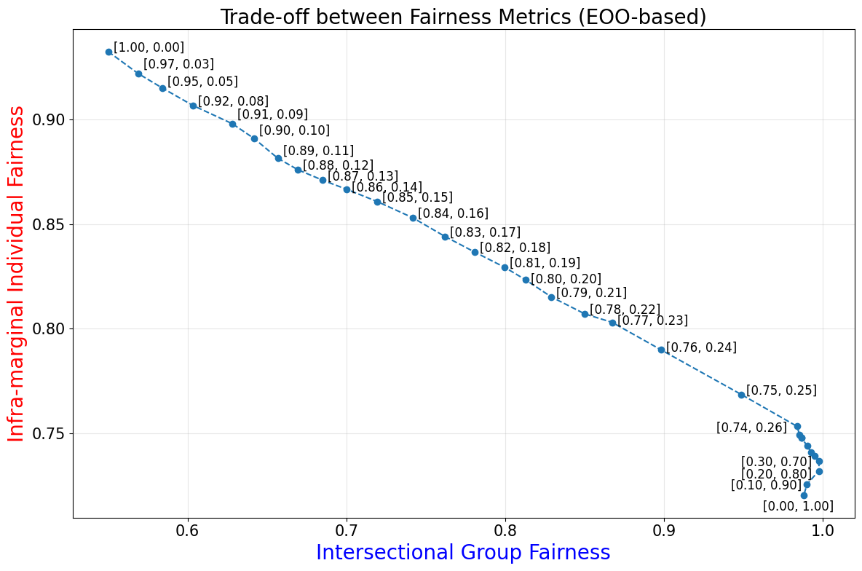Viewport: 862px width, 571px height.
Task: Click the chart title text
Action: [x=463, y=17]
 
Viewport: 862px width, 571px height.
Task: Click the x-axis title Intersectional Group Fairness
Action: [x=463, y=553]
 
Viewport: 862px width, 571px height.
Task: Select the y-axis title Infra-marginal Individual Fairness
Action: [x=16, y=274]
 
